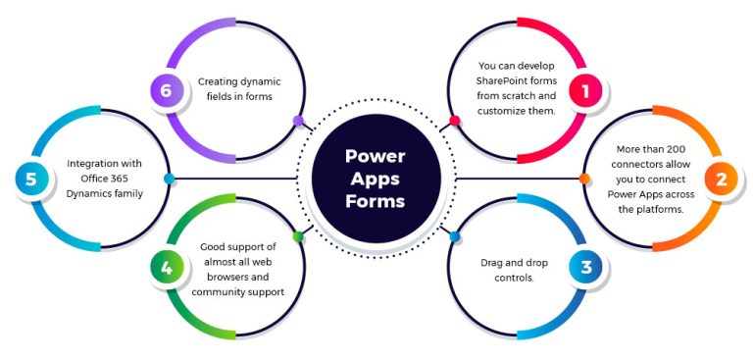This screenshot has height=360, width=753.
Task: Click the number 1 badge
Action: click(x=585, y=91)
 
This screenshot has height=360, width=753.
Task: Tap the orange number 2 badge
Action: click(x=721, y=179)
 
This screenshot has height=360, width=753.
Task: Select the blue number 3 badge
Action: click(x=585, y=267)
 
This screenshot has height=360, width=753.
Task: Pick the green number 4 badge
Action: click(x=167, y=267)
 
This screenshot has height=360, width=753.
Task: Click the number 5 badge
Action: click(x=30, y=179)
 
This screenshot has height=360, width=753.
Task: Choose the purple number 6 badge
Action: click(x=167, y=91)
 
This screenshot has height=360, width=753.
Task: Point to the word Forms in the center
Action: click(x=376, y=202)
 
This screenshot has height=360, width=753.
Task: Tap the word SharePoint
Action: click(x=490, y=80)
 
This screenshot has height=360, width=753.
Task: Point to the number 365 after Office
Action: click(x=132, y=180)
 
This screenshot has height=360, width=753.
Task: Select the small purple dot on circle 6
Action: click(x=298, y=121)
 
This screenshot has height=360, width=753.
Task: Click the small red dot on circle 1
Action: click(x=455, y=121)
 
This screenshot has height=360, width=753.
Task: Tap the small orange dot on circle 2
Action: click(x=584, y=179)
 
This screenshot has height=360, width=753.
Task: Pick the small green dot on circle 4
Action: click(x=298, y=236)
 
